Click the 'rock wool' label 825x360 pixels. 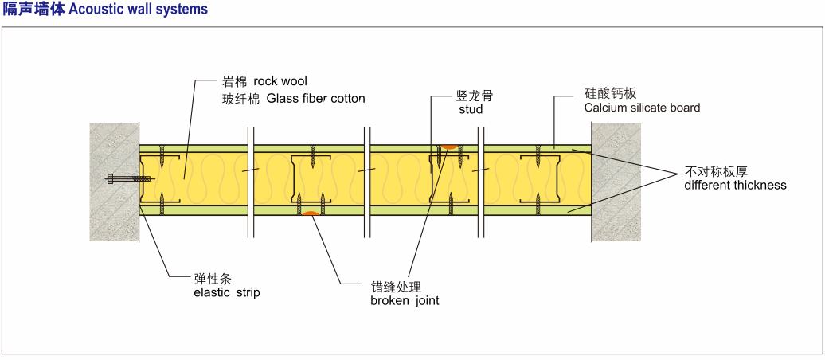coord(280,81)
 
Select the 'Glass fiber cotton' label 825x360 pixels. coord(315,99)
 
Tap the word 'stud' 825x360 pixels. coord(471,109)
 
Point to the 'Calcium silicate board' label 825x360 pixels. coord(642,108)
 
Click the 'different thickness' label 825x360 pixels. coord(735,185)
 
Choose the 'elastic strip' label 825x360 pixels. coord(227,292)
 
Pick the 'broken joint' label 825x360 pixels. coord(405,300)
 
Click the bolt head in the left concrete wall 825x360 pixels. coord(111,178)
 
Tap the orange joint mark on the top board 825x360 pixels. coord(449,147)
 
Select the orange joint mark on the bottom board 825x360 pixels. coord(311,213)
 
